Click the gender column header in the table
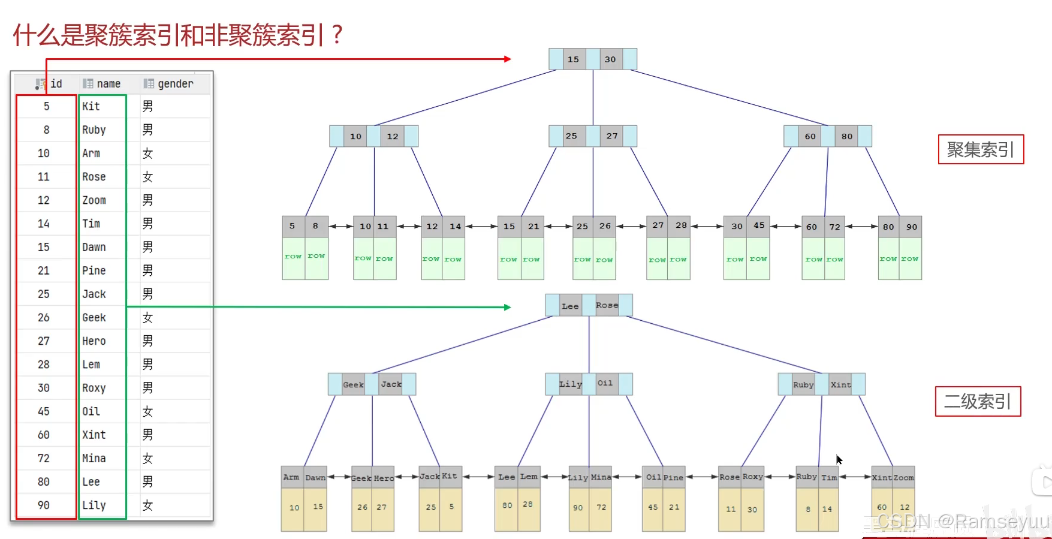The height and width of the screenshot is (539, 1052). point(174,84)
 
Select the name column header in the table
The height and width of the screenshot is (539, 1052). point(108,84)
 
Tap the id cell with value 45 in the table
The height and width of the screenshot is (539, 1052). point(44,411)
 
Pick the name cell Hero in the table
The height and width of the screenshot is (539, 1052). point(94,341)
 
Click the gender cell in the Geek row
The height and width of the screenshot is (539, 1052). point(147,318)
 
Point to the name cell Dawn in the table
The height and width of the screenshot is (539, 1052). point(94,247)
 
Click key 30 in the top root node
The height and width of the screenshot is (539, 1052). point(610,59)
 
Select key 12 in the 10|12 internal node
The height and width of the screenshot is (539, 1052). point(393,136)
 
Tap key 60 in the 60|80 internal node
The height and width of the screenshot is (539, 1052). point(810,136)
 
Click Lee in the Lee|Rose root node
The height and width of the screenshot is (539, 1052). point(570,306)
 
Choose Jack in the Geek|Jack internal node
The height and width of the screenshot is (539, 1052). point(391,384)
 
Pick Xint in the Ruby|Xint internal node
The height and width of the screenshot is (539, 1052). point(840,384)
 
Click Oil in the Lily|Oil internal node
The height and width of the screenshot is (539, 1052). point(605,384)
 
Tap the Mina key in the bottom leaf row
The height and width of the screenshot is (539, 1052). point(601,477)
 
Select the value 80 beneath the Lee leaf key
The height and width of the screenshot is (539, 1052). point(507,505)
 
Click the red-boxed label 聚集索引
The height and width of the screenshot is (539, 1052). point(981,149)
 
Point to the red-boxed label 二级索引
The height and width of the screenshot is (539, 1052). point(978,401)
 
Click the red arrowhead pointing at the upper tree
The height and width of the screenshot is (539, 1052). point(508,59)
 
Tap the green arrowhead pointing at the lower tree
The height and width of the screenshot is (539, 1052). point(508,307)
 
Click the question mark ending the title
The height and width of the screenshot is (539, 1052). point(337,35)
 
